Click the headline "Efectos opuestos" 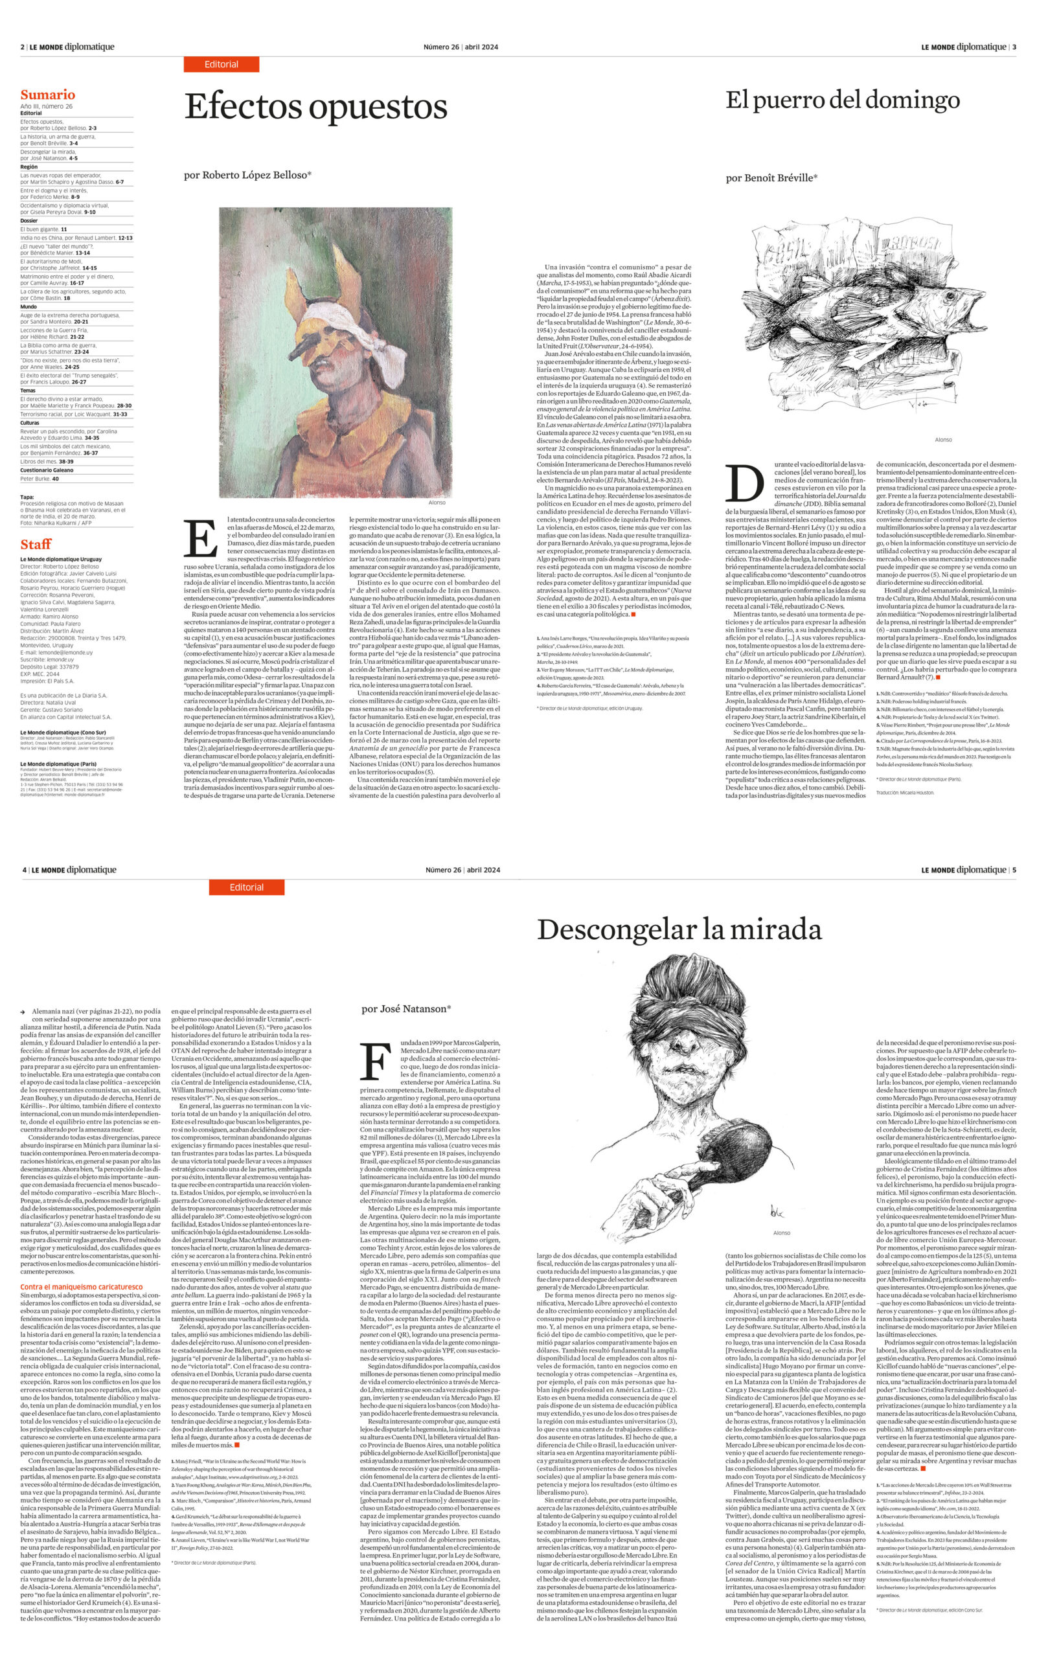point(315,108)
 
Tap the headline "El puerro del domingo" point(842,100)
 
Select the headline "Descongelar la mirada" point(679,930)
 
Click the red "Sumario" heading point(47,95)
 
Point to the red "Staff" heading point(36,545)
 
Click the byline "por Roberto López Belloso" point(247,175)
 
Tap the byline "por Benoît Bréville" point(771,177)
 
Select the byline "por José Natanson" point(405,1008)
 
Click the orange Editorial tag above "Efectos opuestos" point(221,65)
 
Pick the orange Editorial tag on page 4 point(246,887)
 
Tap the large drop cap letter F point(375,1061)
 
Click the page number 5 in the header point(1014,870)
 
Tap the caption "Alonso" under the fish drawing point(943,440)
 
